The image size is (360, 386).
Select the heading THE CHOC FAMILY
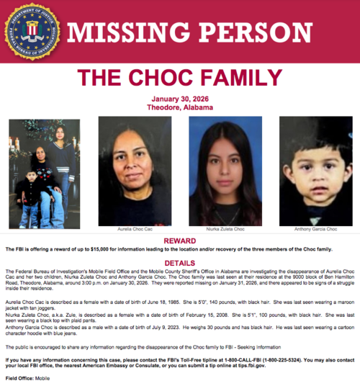point(180,78)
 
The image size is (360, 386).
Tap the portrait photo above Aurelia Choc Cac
point(135,171)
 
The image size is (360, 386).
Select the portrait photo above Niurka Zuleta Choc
point(225,171)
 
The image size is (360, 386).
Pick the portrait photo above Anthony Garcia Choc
point(315,171)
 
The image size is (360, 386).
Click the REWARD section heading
point(180,240)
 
